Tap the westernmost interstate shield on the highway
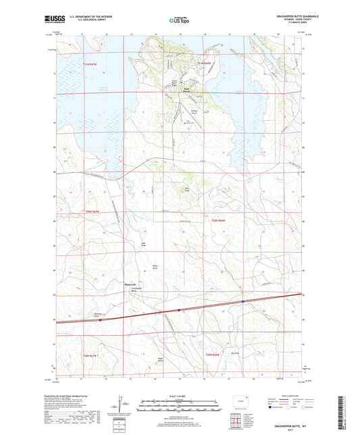100,320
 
